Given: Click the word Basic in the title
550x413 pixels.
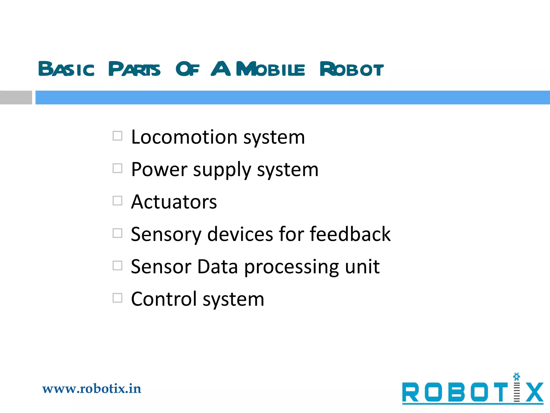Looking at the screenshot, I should tap(66, 69).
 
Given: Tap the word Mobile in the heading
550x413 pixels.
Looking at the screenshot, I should tap(270, 69).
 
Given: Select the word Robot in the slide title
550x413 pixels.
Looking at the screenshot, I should tap(352, 69).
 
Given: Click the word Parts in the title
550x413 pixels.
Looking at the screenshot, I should tap(134, 69).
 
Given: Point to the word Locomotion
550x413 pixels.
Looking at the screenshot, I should tap(184, 137).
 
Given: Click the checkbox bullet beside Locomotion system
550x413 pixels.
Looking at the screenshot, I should tap(117, 136).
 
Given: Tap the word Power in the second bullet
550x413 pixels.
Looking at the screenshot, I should tap(159, 170).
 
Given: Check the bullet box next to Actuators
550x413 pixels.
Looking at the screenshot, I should tap(117, 201).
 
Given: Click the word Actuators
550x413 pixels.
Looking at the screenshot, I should tap(174, 202).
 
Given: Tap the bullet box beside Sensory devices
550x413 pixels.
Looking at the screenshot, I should tap(117, 233).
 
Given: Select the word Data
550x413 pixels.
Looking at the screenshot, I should tap(218, 267).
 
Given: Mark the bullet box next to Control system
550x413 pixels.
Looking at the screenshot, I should tap(117, 298).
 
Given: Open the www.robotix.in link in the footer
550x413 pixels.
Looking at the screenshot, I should tap(92, 389).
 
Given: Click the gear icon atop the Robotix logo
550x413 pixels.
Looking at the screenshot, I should tap(516, 377).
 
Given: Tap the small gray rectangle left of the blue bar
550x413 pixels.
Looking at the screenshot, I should tap(16, 97).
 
